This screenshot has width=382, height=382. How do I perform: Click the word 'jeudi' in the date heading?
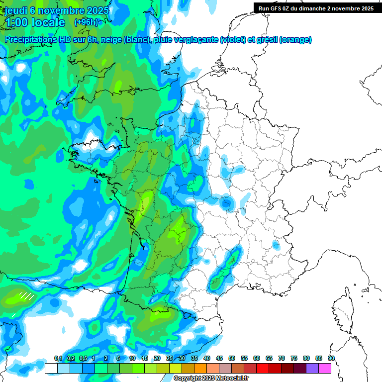[15, 10]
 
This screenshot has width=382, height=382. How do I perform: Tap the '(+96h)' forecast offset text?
[86, 22]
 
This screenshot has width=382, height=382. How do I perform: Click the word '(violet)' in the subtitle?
[234, 40]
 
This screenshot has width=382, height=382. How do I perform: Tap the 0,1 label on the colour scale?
[58, 359]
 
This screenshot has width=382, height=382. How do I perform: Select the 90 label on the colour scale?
[331, 359]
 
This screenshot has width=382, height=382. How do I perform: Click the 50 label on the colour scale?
[232, 359]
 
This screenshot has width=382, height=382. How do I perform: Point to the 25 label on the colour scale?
[170, 359]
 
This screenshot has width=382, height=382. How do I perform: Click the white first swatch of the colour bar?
[51, 368]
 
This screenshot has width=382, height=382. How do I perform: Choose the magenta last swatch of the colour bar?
[325, 368]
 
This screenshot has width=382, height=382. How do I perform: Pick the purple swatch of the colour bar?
[312, 368]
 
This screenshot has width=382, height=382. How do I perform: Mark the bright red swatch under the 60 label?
[263, 368]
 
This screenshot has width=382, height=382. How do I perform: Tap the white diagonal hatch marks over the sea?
[26, 296]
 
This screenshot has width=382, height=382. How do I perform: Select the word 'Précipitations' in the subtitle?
[28, 40]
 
